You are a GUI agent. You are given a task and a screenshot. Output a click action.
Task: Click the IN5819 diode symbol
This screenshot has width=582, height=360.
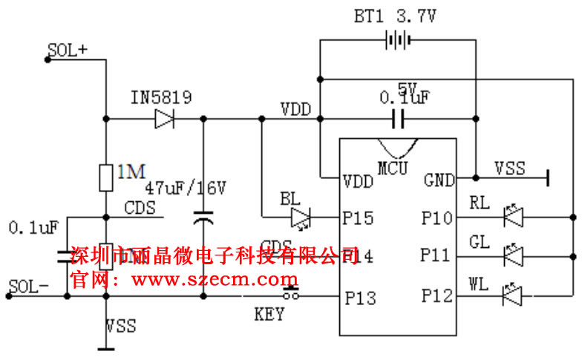pyautogui.click(x=164, y=119)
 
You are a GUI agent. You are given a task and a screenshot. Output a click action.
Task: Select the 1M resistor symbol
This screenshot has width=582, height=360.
pyautogui.click(x=106, y=177)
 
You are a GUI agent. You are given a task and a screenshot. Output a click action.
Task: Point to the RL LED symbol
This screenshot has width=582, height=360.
pyautogui.click(x=513, y=217)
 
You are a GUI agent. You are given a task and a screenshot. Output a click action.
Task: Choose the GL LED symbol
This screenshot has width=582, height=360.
pyautogui.click(x=513, y=256)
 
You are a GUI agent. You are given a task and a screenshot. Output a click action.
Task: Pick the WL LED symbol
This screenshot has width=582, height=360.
pyautogui.click(x=513, y=296)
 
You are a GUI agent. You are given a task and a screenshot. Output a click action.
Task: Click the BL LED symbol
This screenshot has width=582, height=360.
pyautogui.click(x=301, y=217)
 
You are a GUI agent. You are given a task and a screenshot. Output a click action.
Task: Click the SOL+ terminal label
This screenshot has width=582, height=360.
pyautogui.click(x=68, y=50)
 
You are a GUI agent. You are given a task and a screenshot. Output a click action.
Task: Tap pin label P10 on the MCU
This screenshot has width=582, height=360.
pyautogui.click(x=436, y=219)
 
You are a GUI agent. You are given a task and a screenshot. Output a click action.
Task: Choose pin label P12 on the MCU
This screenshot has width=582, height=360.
pyautogui.click(x=436, y=297)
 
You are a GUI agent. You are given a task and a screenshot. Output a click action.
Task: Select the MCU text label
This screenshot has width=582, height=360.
pyautogui.click(x=393, y=168)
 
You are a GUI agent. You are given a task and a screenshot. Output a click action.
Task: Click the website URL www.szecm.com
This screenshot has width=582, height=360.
pyautogui.click(x=215, y=280)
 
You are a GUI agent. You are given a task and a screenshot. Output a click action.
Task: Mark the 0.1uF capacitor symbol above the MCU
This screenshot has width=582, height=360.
pyautogui.click(x=398, y=118)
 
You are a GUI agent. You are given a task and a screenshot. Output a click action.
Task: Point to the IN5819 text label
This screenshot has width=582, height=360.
pyautogui.click(x=161, y=97)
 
